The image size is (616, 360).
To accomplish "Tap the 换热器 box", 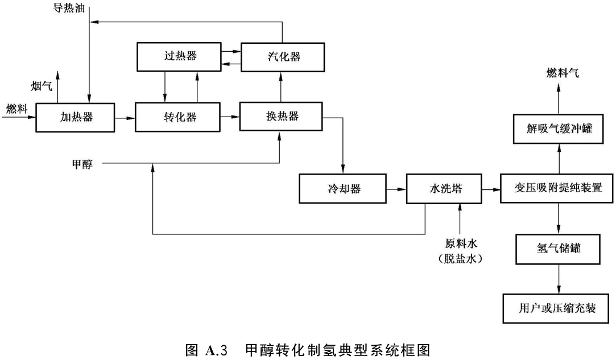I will pyautogui.click(x=282, y=117).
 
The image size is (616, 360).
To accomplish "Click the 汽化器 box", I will pyautogui.click(x=283, y=57).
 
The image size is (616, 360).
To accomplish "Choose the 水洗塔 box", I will pyautogui.click(x=443, y=189).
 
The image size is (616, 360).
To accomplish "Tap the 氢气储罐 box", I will pyautogui.click(x=557, y=248).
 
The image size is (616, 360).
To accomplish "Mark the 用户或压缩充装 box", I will pyautogui.click(x=557, y=308).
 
